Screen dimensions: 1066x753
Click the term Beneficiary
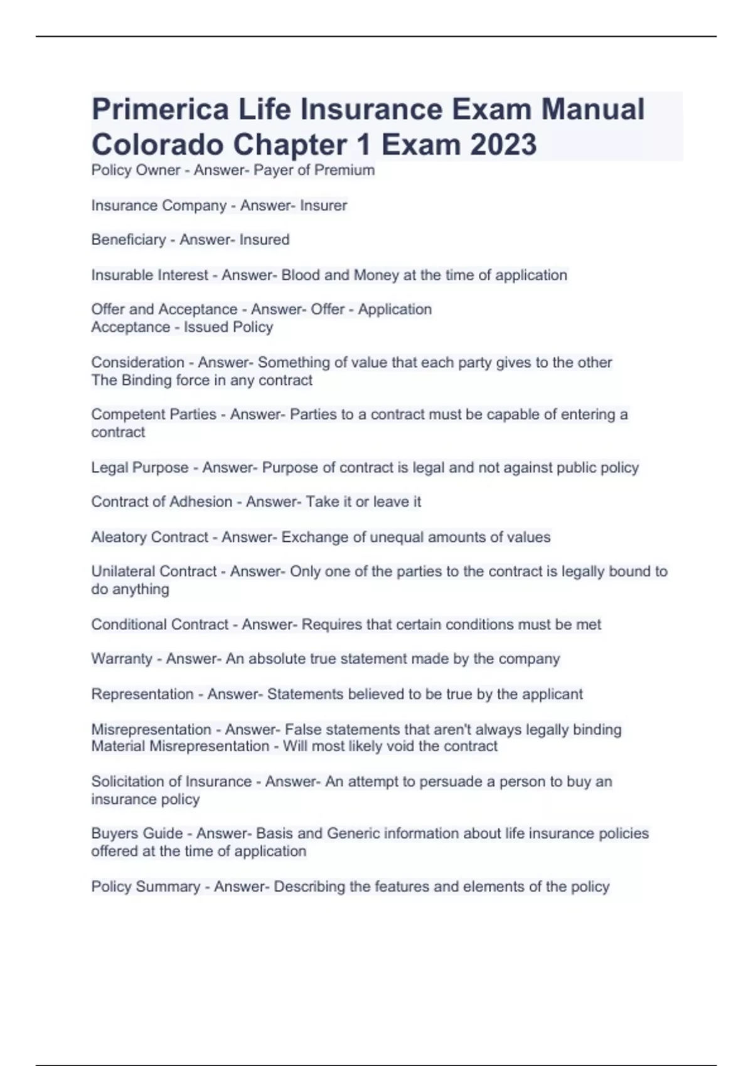128,240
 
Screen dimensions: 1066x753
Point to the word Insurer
323,206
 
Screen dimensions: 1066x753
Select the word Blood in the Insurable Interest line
300,275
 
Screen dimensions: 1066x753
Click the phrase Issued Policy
228,327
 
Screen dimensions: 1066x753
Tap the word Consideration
137,362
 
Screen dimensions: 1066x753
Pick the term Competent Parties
154,414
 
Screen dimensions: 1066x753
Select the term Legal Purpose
140,468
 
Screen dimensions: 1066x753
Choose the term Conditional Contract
160,625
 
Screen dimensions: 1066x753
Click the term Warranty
122,659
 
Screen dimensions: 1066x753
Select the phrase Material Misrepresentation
180,746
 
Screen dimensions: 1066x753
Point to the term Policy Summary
146,887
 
